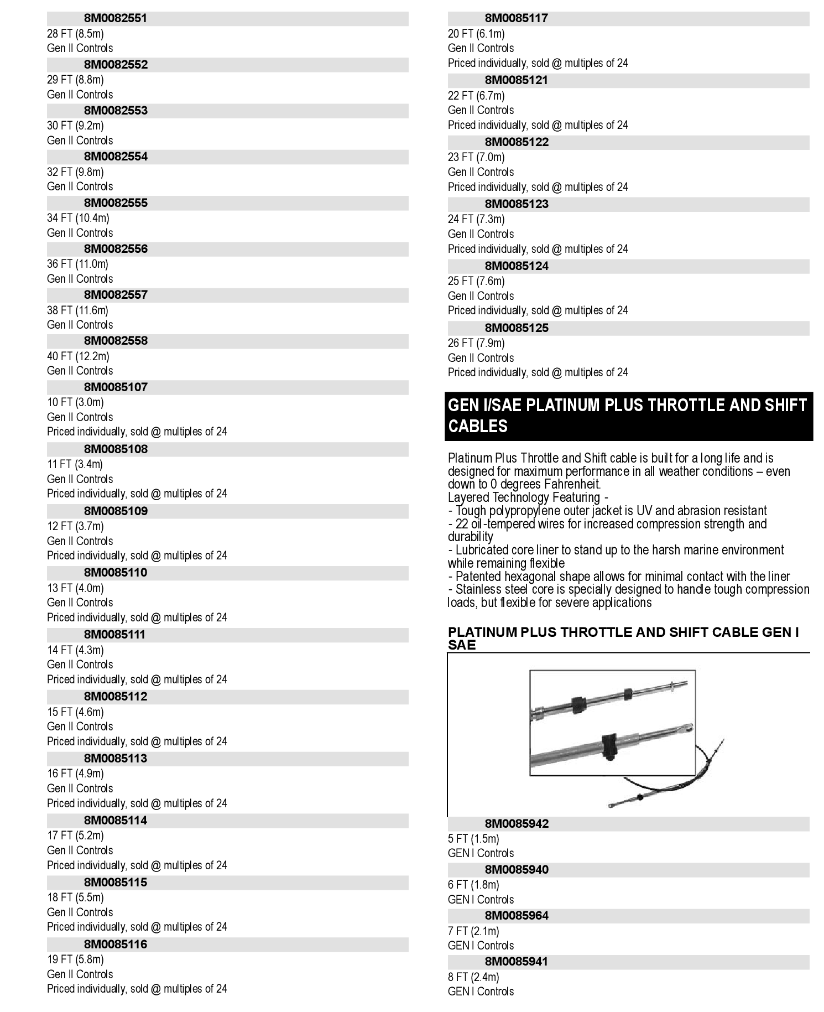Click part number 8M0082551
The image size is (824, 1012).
pyautogui.click(x=116, y=18)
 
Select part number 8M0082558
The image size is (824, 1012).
pyautogui.click(x=116, y=341)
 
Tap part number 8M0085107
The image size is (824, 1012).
pyautogui.click(x=116, y=387)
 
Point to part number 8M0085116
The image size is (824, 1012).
pyautogui.click(x=116, y=944)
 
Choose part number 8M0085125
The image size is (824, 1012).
pyautogui.click(x=517, y=328)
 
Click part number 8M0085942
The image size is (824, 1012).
pyautogui.click(x=517, y=824)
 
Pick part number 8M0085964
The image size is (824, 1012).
pyautogui.click(x=517, y=916)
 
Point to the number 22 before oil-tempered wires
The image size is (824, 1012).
pyautogui.click(x=462, y=524)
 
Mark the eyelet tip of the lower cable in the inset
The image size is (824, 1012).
pyautogui.click(x=687, y=728)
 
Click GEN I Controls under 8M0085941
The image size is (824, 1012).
pyautogui.click(x=481, y=992)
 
